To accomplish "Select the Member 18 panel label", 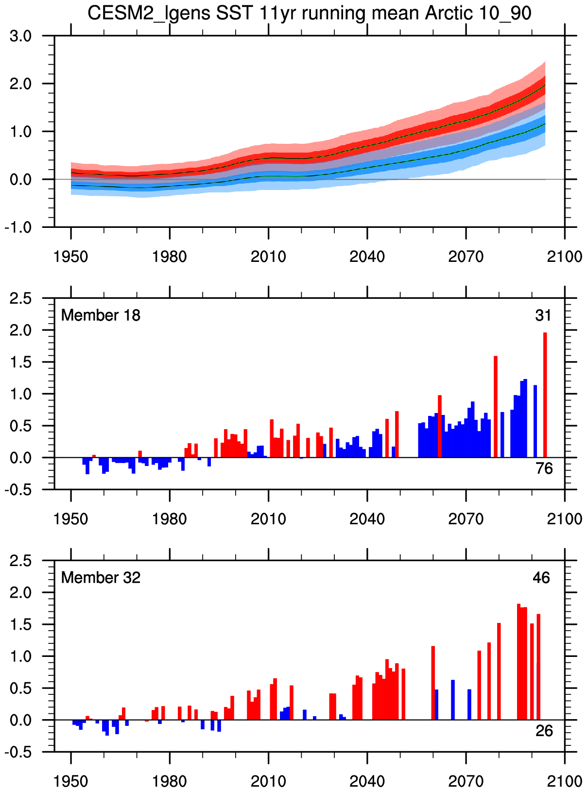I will (x=101, y=315).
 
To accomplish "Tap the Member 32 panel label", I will (x=101, y=578).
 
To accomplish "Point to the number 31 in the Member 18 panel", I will (x=543, y=316).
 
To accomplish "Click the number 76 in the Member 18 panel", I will (x=544, y=468).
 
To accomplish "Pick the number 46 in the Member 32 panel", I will (x=542, y=578).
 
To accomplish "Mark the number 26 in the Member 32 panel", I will (x=544, y=731).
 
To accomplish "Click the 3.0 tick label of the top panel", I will (x=21, y=36).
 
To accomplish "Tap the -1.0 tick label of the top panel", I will (x=18, y=227).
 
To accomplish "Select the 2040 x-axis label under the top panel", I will (x=367, y=256).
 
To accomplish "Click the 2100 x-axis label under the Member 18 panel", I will (x=564, y=518).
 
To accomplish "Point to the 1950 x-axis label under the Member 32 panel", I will (x=71, y=781).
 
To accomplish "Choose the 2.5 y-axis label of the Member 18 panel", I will (x=21, y=298).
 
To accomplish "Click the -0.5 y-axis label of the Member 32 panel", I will (x=18, y=752).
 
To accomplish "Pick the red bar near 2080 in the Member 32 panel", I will (x=499, y=671).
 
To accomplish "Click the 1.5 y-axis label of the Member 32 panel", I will (x=21, y=624).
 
